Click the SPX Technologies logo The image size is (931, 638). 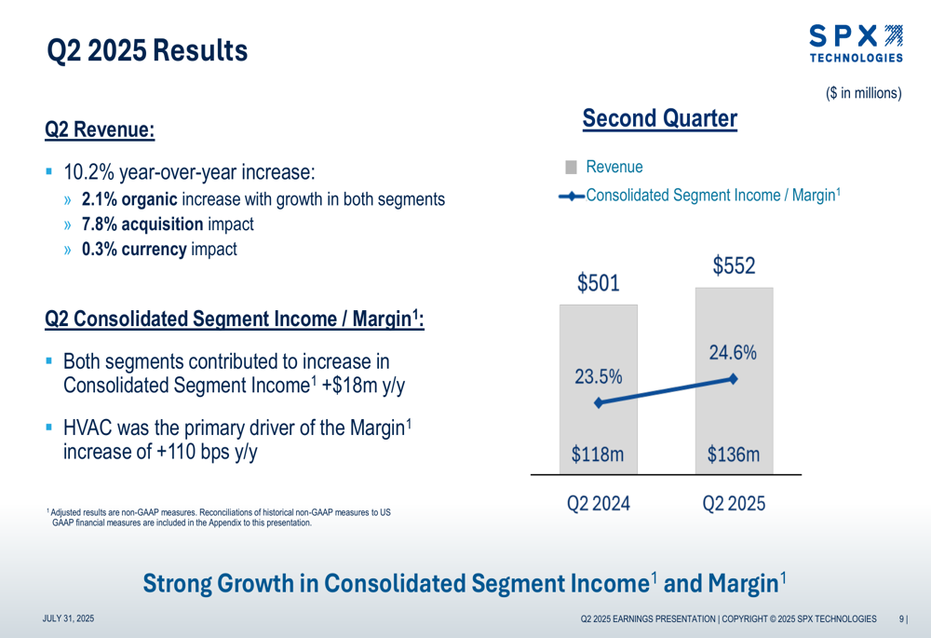pos(856,43)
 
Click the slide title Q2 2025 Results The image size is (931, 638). pos(147,49)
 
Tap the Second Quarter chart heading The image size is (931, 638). pos(659,119)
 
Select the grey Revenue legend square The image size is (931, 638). pos(571,167)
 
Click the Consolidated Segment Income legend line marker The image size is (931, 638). pos(572,196)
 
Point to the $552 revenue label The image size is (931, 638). pos(734,265)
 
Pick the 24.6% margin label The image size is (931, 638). pos(733,353)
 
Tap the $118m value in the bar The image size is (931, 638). pos(598,455)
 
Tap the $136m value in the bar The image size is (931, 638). pos(733,455)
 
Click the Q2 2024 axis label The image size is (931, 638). pos(599,504)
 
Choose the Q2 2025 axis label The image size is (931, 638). pos(734,504)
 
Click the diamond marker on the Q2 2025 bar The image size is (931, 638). pos(734,378)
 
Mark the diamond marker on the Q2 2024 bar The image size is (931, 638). pos(599,402)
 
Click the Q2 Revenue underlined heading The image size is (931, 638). pos(100,129)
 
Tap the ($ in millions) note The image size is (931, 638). pos(863,93)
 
